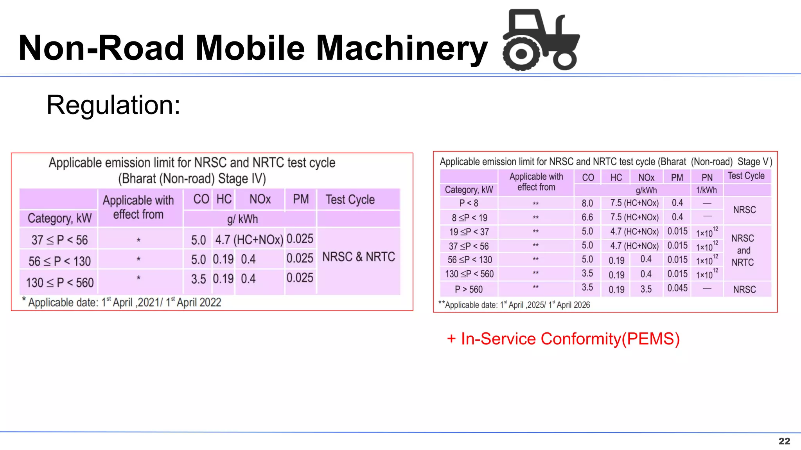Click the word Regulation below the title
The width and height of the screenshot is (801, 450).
113,105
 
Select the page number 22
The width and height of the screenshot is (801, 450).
784,441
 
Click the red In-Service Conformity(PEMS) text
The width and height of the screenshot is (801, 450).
563,339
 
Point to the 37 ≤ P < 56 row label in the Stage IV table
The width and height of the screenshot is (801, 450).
59,240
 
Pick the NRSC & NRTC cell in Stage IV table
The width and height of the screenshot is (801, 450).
359,257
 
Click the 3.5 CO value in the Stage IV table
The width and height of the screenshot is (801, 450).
198,279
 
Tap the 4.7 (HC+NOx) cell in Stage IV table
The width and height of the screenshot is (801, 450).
249,239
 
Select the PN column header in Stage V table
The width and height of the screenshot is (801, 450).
707,177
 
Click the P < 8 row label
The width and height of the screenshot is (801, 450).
469,203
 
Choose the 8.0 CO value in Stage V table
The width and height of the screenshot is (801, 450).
587,203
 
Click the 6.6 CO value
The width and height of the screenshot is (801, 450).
587,217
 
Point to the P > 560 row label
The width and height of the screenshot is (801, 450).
469,289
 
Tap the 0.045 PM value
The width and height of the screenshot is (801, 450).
677,288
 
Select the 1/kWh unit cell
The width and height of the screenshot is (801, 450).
706,190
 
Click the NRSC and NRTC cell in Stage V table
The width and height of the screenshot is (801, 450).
743,250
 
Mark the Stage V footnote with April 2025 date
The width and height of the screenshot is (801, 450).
514,305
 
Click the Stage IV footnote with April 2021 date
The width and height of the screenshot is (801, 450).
122,302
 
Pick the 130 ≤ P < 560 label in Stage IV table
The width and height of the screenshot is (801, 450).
60,282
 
